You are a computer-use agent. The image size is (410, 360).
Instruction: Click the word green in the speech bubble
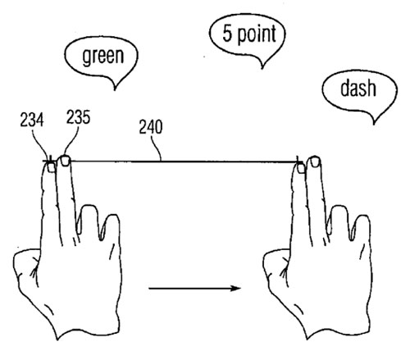(x=103, y=57)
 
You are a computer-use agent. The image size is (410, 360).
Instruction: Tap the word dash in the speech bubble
(x=358, y=88)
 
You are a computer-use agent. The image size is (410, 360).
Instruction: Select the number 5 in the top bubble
(x=227, y=33)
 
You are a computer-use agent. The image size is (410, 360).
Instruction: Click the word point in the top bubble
(x=257, y=34)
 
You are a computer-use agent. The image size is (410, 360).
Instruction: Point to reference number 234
(x=32, y=120)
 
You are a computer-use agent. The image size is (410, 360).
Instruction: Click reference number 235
(x=78, y=117)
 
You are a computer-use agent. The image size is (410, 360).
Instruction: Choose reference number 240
(x=151, y=127)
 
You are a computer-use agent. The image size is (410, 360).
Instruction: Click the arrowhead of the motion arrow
(x=235, y=288)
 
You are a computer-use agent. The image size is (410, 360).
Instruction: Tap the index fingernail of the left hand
(x=52, y=167)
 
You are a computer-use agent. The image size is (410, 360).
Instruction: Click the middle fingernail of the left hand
(x=66, y=161)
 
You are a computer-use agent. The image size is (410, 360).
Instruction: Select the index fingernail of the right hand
(x=301, y=168)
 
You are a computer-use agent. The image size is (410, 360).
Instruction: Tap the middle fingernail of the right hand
(x=315, y=162)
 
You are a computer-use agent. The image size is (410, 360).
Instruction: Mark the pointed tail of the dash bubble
(x=374, y=123)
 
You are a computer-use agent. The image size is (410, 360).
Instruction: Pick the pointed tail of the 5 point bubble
(x=262, y=67)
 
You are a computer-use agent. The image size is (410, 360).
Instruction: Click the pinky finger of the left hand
(x=112, y=228)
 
